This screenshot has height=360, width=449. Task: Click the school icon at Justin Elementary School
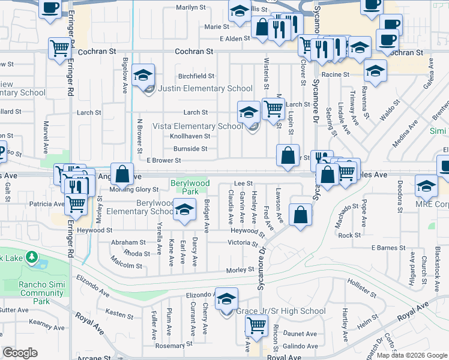[x=144, y=76]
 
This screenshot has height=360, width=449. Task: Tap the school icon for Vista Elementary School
[x=249, y=112]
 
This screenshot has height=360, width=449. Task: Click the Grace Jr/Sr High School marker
[x=227, y=299]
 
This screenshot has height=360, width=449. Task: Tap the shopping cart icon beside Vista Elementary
[x=273, y=109]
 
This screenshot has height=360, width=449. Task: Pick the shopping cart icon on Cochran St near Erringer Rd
[x=59, y=47]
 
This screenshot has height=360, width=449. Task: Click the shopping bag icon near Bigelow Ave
[x=122, y=175]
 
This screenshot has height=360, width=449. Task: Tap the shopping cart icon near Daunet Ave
[x=257, y=326]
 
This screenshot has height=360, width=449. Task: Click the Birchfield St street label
[x=196, y=76]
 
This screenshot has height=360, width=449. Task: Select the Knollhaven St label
[x=188, y=136]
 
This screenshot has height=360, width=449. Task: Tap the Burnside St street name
[x=190, y=148]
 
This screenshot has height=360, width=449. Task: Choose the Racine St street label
[x=335, y=74]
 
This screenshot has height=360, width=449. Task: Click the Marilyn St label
[x=190, y=8]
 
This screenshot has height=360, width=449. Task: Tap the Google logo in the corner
[x=20, y=353]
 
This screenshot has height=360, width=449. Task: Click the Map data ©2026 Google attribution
[x=412, y=355]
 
